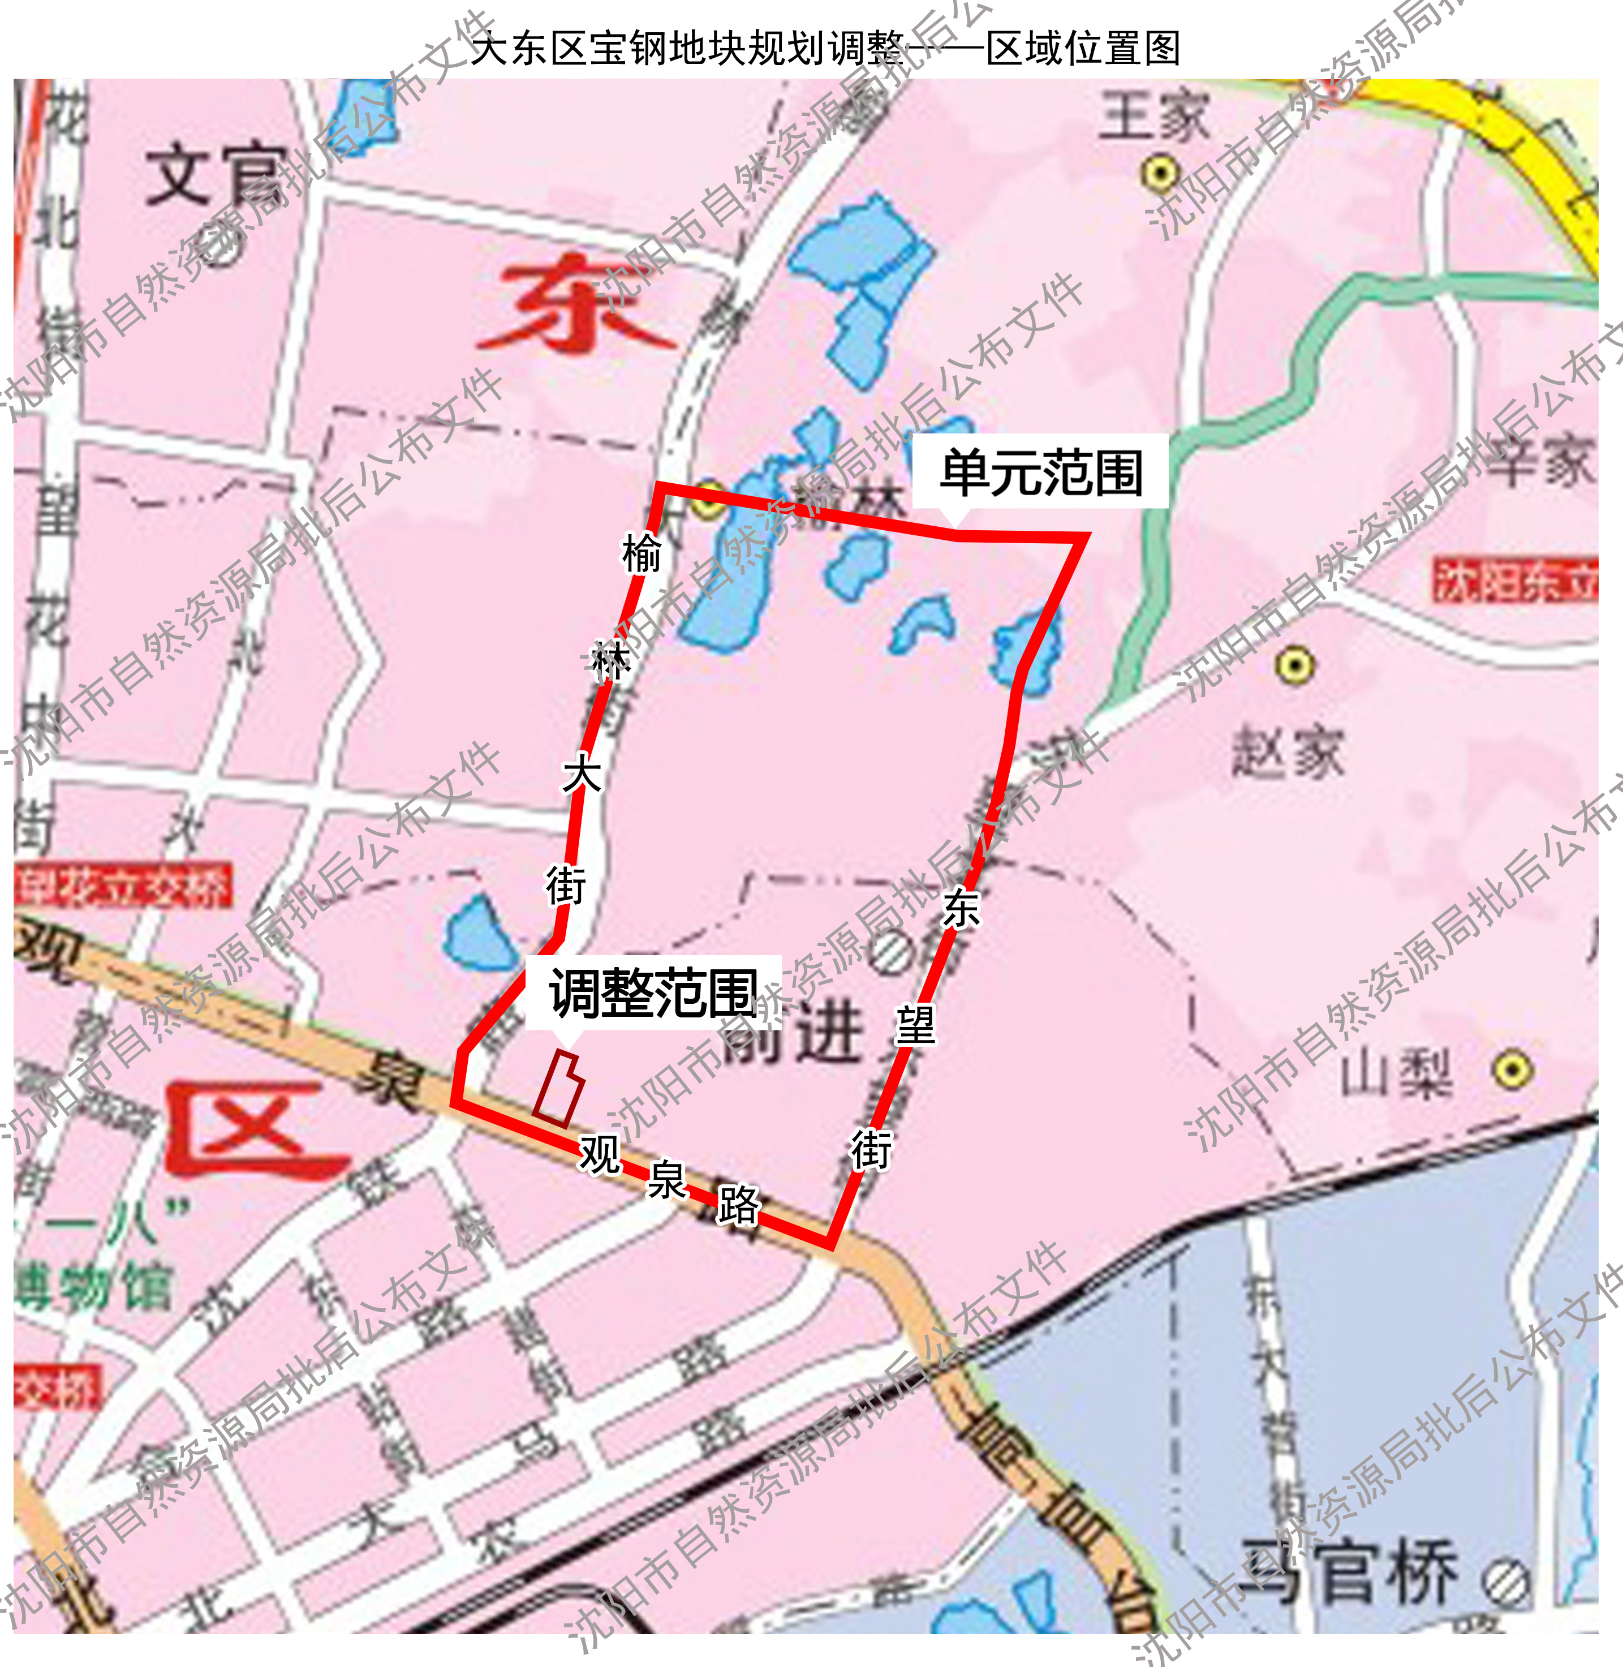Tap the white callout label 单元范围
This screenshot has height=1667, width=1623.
pos(1040,472)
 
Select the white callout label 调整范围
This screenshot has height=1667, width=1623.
pos(653,994)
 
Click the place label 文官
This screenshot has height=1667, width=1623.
pos(217,177)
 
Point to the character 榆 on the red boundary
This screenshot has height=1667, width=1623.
pos(641,554)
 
